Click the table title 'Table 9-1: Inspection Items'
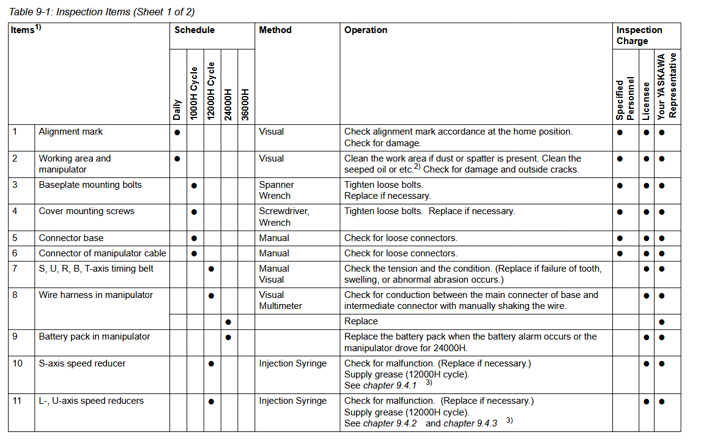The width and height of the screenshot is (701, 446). [102, 12]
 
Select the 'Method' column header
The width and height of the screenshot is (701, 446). [275, 30]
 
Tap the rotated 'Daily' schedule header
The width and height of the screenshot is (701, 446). [177, 110]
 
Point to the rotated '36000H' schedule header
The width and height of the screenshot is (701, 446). [245, 105]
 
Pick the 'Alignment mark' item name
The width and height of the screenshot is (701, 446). [71, 132]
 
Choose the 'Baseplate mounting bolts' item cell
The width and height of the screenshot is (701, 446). [90, 185]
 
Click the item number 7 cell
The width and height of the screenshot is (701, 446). [15, 269]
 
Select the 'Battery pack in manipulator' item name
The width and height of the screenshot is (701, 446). [94, 336]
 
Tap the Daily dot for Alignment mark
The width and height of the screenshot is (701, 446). [177, 132]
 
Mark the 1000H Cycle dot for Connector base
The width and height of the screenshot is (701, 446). [194, 239]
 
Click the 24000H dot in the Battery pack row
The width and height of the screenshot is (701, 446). [228, 337]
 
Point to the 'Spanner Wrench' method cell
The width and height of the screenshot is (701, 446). [276, 190]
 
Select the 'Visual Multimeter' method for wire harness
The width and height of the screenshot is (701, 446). [280, 300]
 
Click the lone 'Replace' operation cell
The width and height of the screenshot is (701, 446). [361, 321]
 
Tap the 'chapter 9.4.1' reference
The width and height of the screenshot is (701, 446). [390, 385]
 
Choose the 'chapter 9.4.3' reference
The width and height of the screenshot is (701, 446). [470, 423]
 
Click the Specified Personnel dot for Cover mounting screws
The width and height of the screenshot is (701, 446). [620, 212]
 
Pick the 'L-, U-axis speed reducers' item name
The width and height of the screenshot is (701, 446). [91, 401]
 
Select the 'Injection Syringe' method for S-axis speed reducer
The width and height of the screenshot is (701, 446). [292, 363]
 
